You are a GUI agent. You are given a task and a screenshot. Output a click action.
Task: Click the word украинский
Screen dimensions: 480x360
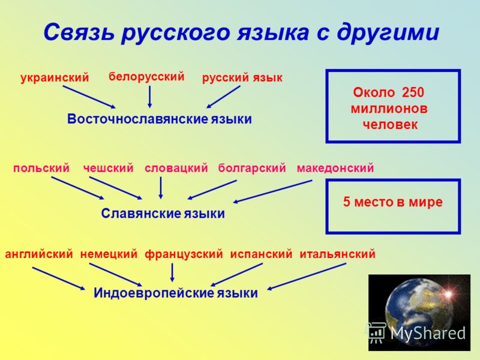click(55, 77)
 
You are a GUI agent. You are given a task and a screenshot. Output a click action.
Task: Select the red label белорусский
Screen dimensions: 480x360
click(146, 77)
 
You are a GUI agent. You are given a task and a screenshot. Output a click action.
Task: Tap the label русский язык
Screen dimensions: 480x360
click(242, 78)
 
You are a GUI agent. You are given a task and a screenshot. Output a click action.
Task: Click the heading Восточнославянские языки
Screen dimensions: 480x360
click(160, 119)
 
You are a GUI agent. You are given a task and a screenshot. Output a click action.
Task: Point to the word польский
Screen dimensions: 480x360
click(41, 168)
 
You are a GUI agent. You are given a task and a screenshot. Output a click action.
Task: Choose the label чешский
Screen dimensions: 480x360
click(109, 168)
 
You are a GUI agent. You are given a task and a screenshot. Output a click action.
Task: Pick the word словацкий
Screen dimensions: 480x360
click(176, 168)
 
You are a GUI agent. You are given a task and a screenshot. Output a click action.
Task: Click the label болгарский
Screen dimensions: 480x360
click(252, 168)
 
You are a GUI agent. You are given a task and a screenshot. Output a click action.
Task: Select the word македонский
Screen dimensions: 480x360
click(335, 168)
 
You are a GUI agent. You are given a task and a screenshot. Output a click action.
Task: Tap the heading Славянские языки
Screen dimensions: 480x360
click(163, 214)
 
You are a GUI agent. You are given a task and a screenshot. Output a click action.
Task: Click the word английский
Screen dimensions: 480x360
click(39, 254)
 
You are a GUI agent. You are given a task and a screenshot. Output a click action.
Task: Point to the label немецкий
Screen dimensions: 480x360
click(109, 254)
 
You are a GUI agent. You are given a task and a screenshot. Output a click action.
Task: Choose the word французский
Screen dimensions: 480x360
click(184, 254)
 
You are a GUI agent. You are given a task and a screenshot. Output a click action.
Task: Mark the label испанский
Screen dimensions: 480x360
click(261, 254)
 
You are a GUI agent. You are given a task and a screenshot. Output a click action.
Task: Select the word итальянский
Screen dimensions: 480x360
click(337, 254)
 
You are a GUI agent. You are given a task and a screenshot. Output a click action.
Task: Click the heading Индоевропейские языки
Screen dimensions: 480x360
click(176, 293)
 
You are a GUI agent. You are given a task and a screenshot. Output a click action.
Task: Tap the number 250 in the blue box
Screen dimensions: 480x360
click(413, 92)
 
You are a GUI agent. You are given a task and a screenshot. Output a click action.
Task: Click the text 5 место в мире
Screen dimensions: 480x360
click(393, 202)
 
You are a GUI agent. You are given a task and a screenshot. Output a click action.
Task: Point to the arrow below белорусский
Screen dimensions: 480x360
click(149, 97)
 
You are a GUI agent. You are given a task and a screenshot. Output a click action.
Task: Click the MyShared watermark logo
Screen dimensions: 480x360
click(417, 333)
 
